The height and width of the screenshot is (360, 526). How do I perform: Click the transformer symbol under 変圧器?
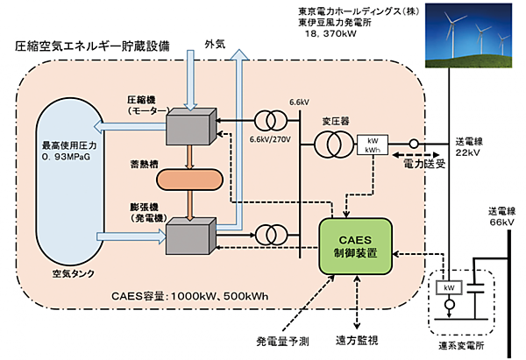coord(331,141)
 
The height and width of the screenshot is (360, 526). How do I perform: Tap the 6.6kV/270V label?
coord(270,140)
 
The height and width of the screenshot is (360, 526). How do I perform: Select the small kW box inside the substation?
coord(446,287)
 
